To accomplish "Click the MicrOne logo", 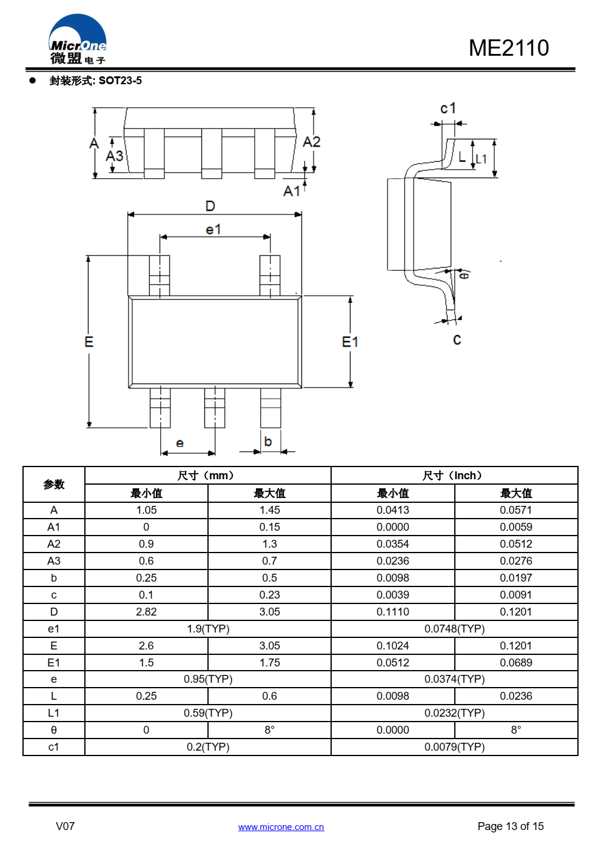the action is [x=78, y=39].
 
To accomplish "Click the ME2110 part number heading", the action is [x=509, y=48].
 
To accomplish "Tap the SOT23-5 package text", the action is [x=120, y=81].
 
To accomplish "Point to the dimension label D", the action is [x=210, y=206].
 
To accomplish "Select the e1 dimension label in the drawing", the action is [x=213, y=229].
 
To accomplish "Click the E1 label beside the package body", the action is [x=350, y=342].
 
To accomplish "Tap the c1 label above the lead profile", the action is [x=448, y=108].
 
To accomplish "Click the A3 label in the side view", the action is [x=115, y=156].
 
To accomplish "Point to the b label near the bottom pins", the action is [x=268, y=441].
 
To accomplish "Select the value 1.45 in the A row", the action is [x=269, y=510].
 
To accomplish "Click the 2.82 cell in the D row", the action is [x=146, y=612].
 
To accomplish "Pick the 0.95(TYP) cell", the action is [x=208, y=679].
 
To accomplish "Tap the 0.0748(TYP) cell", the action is [x=454, y=629].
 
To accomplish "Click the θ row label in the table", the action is [x=53, y=729].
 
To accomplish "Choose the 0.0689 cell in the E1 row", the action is [x=516, y=663].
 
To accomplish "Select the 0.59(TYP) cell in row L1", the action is [x=208, y=712].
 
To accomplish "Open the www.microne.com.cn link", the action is [x=281, y=827].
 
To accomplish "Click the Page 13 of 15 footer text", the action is [x=511, y=826].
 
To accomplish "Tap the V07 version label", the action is [x=65, y=826].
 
